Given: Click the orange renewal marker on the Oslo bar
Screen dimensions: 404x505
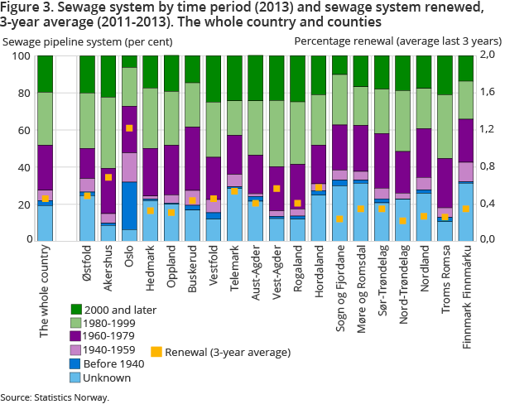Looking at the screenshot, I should [129, 128].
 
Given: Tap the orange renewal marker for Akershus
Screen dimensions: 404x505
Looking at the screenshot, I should [108, 177].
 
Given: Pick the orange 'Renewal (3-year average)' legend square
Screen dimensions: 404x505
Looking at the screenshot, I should [156, 352].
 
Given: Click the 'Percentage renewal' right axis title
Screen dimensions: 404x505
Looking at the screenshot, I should [397, 41].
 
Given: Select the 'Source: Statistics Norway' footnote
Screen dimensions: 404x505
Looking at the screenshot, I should [55, 397].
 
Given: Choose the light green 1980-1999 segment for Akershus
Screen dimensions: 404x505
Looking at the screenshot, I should [108, 132].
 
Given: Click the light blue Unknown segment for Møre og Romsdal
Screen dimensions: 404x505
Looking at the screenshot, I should [362, 211].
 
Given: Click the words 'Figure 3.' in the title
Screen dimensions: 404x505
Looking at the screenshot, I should [23, 7].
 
